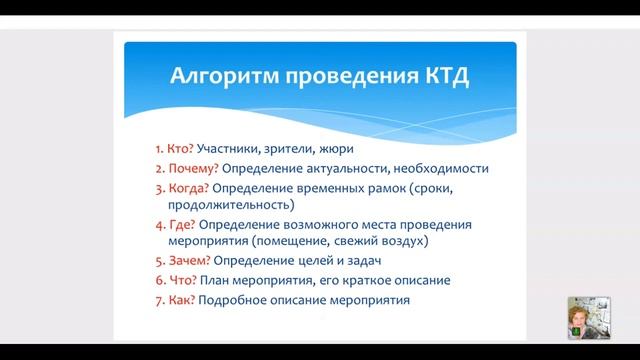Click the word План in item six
pos(215,280)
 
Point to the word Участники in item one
pos(230,148)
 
